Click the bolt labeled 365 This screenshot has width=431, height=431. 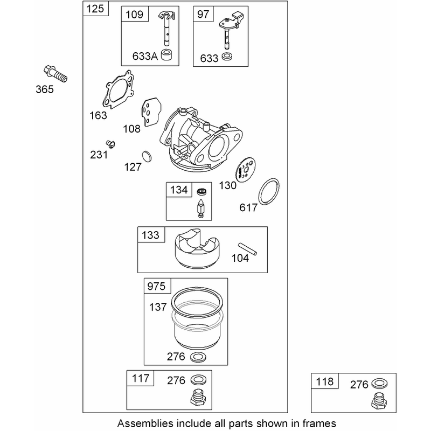55,74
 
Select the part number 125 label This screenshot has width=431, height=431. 95,9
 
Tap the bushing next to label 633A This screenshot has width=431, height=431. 167,55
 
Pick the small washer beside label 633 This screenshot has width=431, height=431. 227,57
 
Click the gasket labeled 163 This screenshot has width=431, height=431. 118,89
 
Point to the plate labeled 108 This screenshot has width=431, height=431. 151,112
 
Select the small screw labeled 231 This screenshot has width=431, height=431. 110,144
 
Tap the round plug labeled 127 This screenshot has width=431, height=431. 147,156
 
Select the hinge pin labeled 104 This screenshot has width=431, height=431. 248,248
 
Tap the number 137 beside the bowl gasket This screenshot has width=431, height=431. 158,307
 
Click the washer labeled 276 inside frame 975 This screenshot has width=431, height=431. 198,357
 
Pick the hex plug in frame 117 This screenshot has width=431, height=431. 198,397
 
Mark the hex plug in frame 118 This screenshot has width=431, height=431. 379,400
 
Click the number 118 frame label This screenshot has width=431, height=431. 325,381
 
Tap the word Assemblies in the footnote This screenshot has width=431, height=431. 145,423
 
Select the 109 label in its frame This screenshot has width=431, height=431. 134,15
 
